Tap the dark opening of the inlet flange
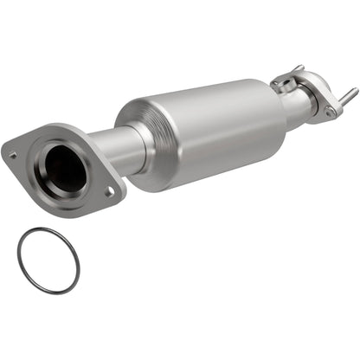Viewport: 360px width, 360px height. tap(65, 169)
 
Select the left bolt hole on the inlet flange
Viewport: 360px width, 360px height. tap(13, 155)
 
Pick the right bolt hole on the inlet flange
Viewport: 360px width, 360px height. tap(109, 192)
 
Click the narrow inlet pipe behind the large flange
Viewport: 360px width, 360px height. tap(111, 146)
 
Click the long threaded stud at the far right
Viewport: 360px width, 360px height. tap(350, 94)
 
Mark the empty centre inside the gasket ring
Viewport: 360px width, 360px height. tap(48, 260)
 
